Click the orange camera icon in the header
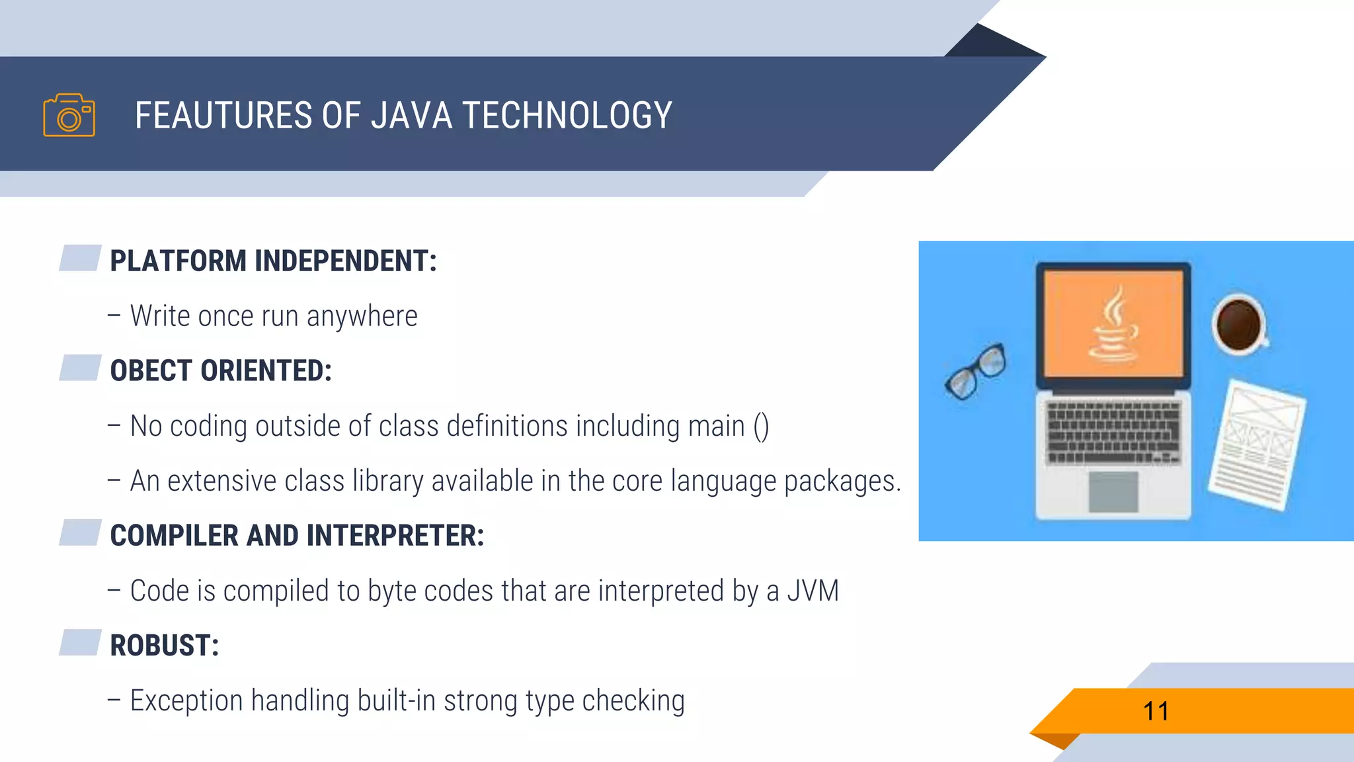pyautogui.click(x=69, y=115)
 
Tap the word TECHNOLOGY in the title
pyautogui.click(x=567, y=116)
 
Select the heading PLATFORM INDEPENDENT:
pyautogui.click(x=273, y=261)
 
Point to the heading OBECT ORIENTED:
pyautogui.click(x=221, y=370)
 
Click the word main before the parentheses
pyautogui.click(x=716, y=426)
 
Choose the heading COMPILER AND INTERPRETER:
pyautogui.click(x=297, y=535)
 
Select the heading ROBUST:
pyautogui.click(x=164, y=645)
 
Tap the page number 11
pyautogui.click(x=1156, y=712)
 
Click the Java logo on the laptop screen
pyautogui.click(x=1113, y=324)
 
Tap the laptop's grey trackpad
pyautogui.click(x=1113, y=491)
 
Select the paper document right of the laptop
pyautogui.click(x=1256, y=444)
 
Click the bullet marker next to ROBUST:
pyautogui.click(x=80, y=642)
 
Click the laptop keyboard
pyautogui.click(x=1113, y=431)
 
